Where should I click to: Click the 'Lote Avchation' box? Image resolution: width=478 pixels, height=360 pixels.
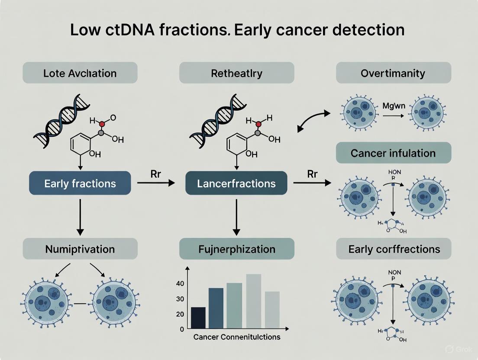coord(80,73)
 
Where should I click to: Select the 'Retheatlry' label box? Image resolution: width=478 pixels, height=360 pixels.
coord(236,73)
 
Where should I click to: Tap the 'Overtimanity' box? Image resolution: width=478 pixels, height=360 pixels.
coord(394,73)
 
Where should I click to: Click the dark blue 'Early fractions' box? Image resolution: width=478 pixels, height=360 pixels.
coord(80,183)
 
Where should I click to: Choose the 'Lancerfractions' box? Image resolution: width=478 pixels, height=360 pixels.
coord(236,183)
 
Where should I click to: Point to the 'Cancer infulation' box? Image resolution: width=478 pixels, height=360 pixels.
coord(394,153)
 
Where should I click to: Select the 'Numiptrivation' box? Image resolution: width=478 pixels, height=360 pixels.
coord(80,249)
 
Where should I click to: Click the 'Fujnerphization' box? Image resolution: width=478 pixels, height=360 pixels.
coord(236,249)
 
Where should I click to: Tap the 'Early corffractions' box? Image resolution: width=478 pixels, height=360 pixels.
coord(394,249)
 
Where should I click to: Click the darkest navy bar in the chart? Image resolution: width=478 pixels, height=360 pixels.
coord(198,318)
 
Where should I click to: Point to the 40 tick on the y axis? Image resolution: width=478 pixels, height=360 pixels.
coord(180,283)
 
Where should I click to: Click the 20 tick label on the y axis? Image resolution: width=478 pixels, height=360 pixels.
coord(180,314)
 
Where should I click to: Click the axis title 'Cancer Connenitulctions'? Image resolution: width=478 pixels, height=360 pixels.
coord(237,337)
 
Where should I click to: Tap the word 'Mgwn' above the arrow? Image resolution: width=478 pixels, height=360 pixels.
coord(393,105)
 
